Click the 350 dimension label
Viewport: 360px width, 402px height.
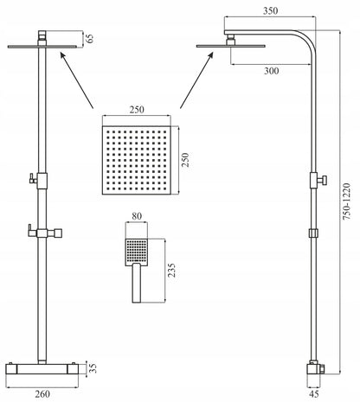click(x=270, y=11)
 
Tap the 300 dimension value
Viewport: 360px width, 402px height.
click(x=272, y=71)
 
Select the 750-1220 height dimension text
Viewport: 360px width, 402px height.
click(x=346, y=201)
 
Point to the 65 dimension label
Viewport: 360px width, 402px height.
click(x=90, y=38)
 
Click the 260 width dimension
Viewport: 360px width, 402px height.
click(x=42, y=394)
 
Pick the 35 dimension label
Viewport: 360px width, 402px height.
click(x=93, y=368)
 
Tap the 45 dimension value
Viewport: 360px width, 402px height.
click(x=314, y=394)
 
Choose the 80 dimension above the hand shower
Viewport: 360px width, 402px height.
click(x=137, y=216)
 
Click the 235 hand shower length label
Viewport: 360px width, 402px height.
click(x=171, y=270)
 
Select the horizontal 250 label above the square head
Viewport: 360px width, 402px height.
click(x=137, y=110)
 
